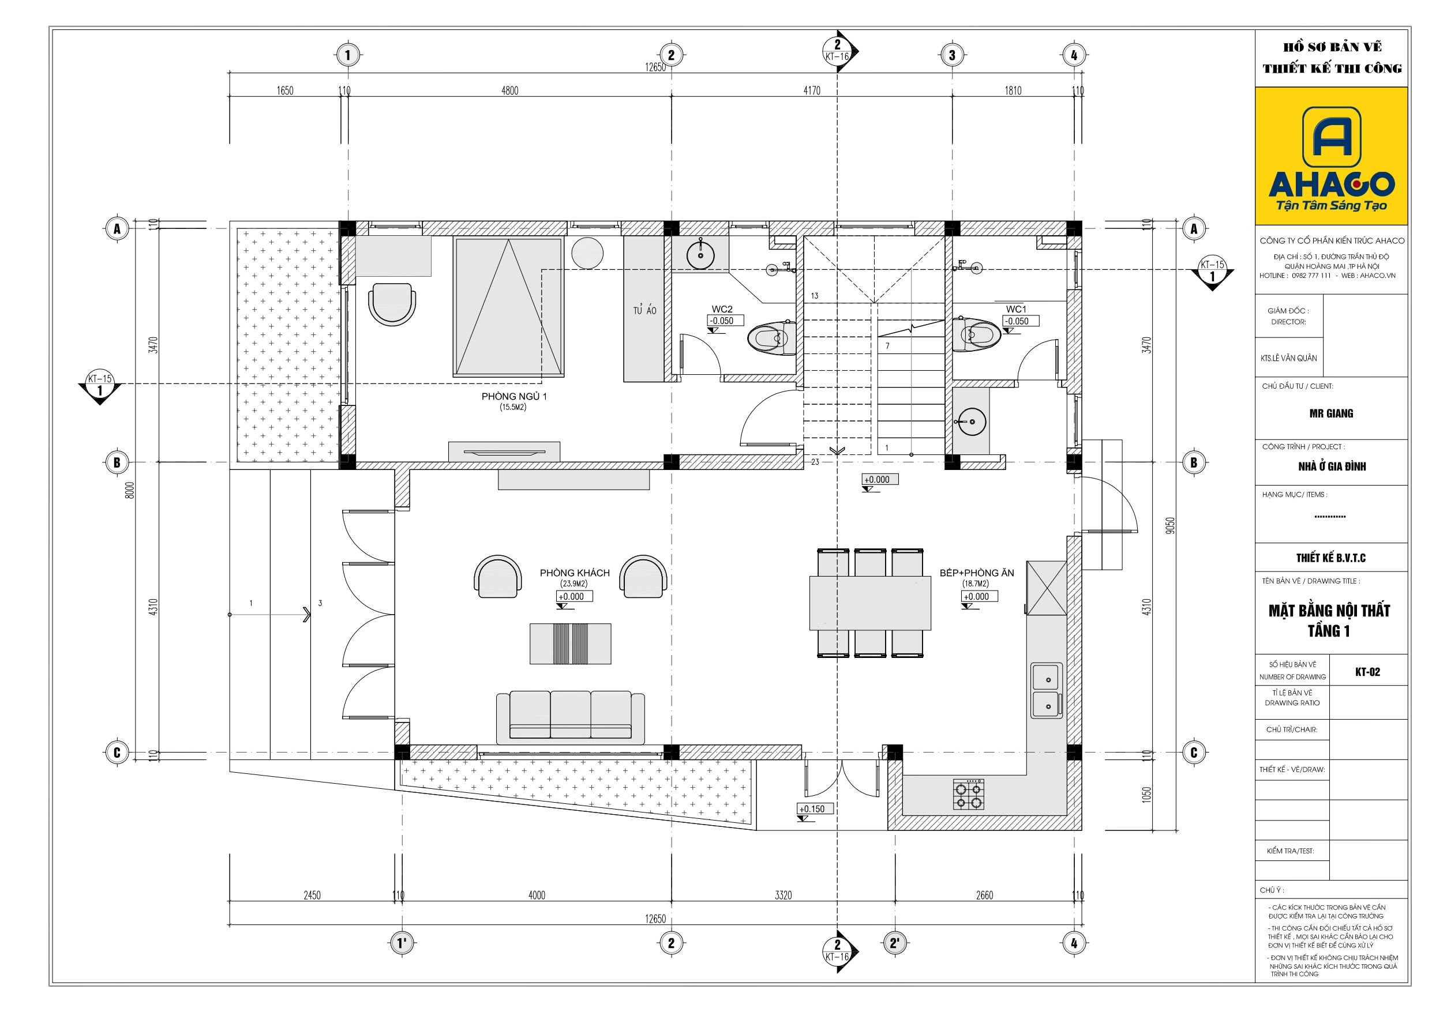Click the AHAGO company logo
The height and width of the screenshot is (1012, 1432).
click(x=1331, y=156)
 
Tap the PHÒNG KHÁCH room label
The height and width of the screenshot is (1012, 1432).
click(x=575, y=573)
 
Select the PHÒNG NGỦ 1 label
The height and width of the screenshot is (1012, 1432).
click(x=514, y=397)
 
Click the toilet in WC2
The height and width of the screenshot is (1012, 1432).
click(x=771, y=337)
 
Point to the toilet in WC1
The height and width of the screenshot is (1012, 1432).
click(x=976, y=334)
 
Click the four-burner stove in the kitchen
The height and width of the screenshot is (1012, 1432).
click(x=969, y=794)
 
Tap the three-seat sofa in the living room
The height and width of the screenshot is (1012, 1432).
click(x=571, y=717)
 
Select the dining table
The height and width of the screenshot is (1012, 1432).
click(x=870, y=603)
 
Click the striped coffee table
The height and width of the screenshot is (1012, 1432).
click(x=571, y=644)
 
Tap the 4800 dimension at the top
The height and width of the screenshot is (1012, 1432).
click(x=509, y=91)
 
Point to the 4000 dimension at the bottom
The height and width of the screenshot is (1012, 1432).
click(x=537, y=896)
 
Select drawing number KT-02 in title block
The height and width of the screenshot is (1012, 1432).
click(x=1368, y=672)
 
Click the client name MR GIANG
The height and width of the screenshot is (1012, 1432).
click(x=1331, y=413)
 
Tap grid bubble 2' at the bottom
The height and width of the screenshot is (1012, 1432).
click(x=894, y=943)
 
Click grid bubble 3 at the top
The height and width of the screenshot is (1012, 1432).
click(x=952, y=55)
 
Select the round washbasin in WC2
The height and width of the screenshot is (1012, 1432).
click(x=701, y=254)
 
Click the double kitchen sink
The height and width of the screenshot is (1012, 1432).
click(x=1047, y=691)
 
